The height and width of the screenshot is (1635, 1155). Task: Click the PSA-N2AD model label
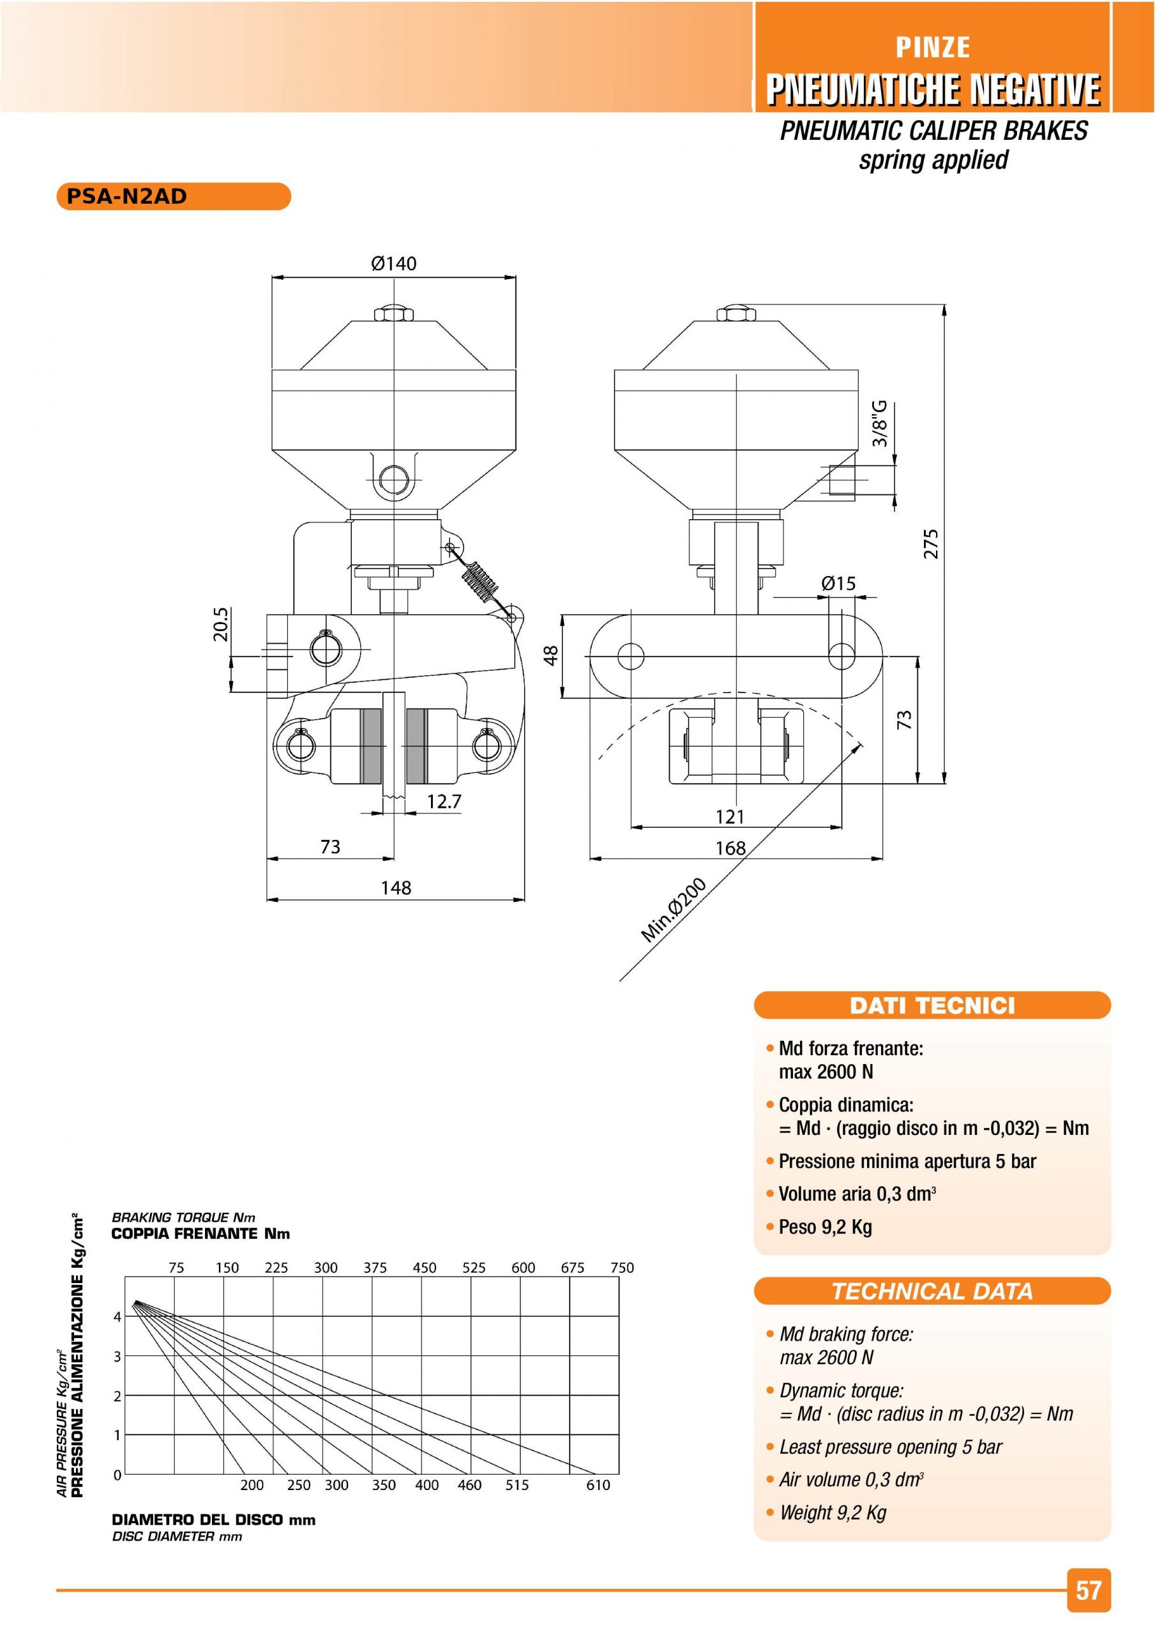127,197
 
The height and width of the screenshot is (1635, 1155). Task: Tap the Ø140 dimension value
394,264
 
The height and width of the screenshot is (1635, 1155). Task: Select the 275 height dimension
931,544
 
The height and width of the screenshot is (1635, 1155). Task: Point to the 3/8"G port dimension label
880,423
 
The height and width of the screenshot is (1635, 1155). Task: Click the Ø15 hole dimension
838,583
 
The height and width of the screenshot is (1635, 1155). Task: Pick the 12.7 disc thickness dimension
444,802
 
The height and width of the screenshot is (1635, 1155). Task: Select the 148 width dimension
396,888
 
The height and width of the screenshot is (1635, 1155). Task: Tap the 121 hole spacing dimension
730,817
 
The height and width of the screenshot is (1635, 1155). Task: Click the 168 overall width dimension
730,848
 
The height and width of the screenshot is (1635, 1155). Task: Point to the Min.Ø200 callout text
674,910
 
